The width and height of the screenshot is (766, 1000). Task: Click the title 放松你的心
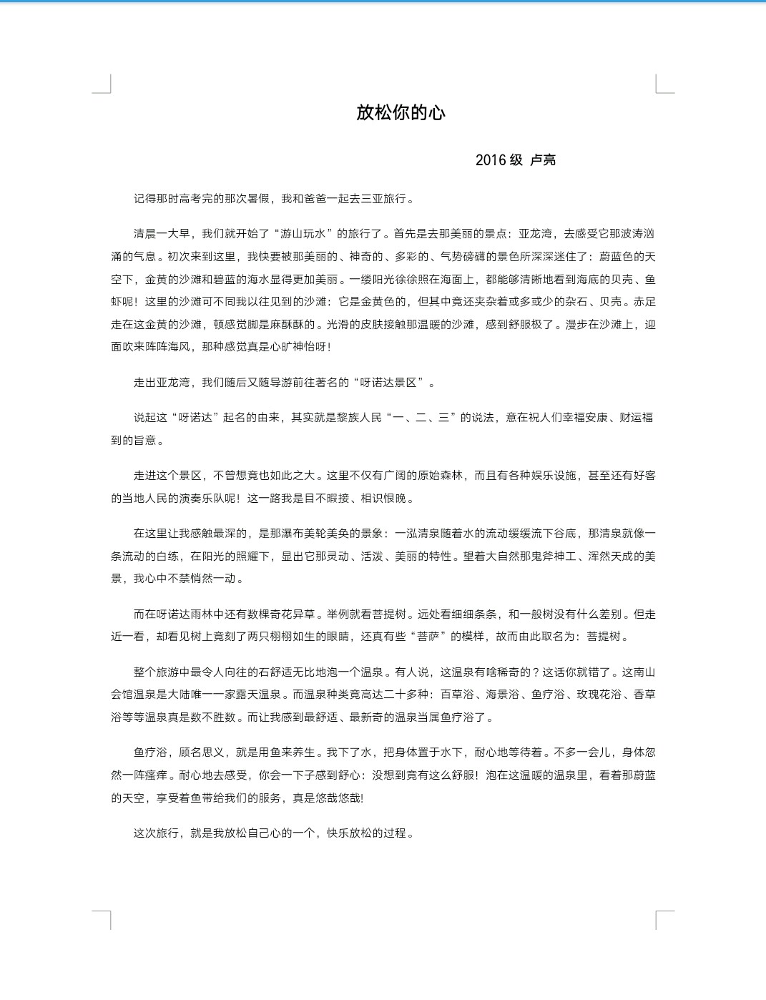(x=401, y=113)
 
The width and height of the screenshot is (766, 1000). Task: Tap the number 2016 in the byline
(x=490, y=160)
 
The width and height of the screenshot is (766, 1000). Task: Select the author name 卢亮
(x=543, y=160)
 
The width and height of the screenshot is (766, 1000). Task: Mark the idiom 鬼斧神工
(x=554, y=557)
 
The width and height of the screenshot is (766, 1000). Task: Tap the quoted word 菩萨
(x=428, y=637)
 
